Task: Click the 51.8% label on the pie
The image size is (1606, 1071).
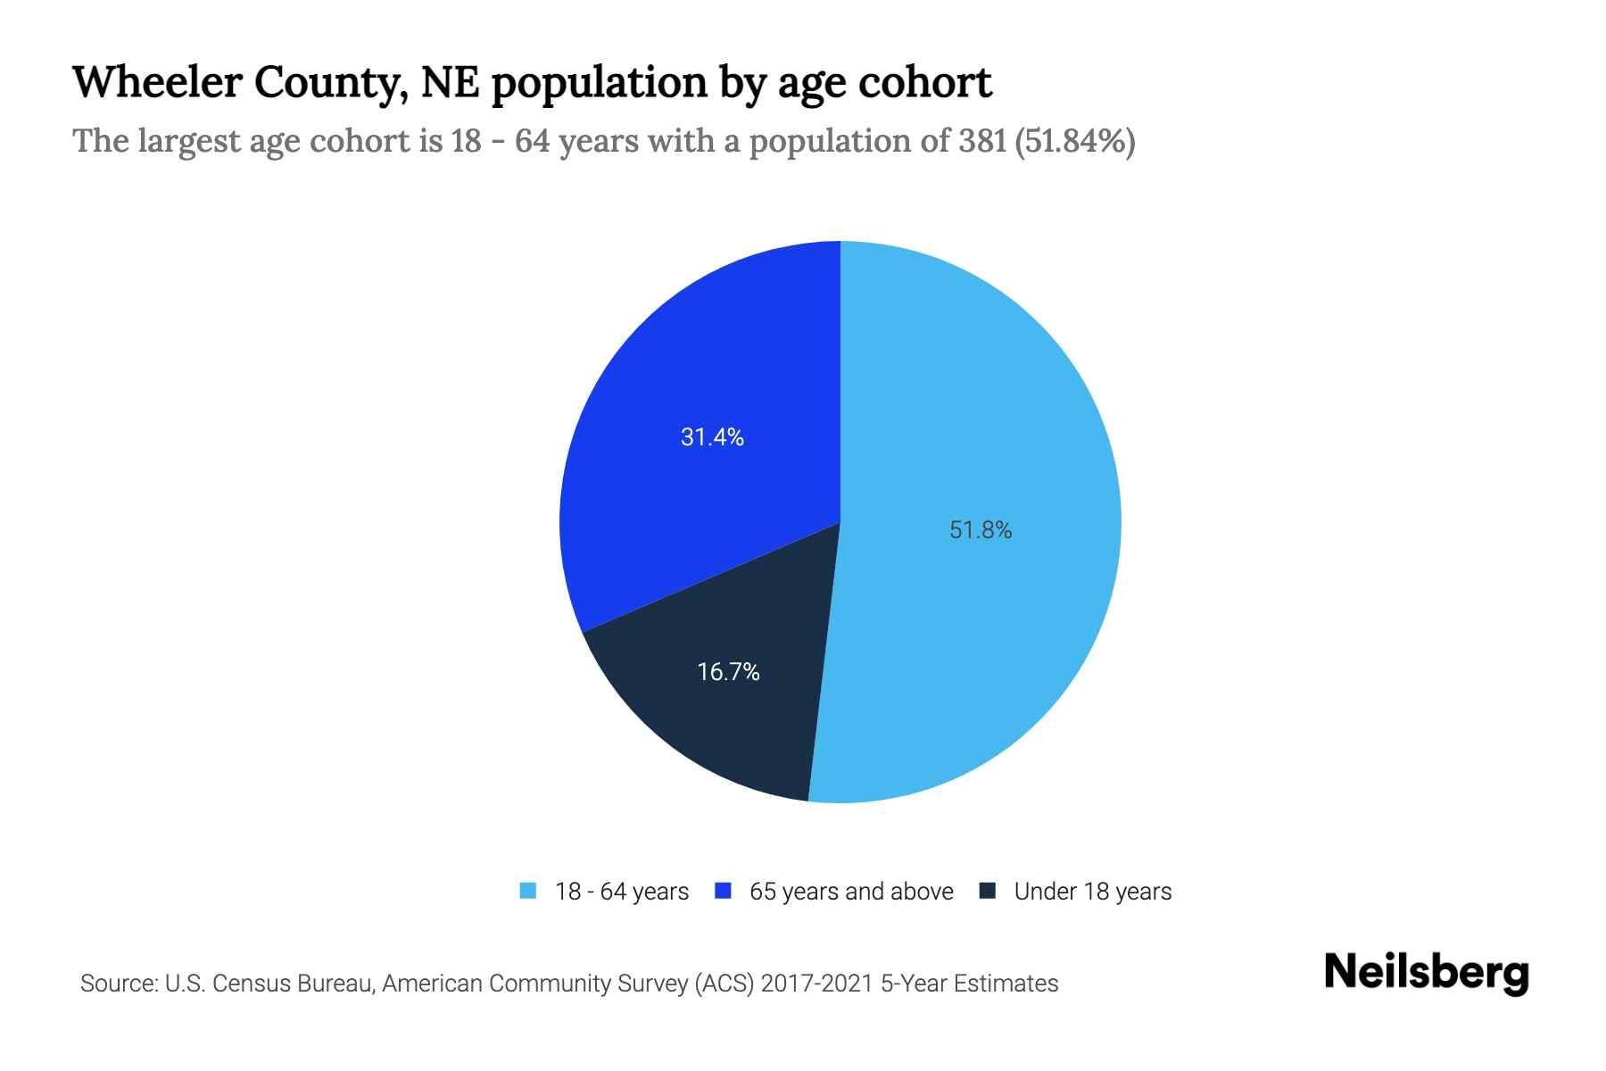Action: coord(981,530)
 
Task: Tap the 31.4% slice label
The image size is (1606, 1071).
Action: coord(712,436)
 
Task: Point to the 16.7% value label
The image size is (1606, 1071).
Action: coord(728,671)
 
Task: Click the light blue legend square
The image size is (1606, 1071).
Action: coord(528,891)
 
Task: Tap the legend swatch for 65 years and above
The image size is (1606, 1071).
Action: coord(724,891)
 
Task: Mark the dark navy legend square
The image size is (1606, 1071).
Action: coord(988,891)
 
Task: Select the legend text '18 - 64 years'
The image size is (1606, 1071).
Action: coord(622,892)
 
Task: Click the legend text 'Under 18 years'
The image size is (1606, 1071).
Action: coord(1093,892)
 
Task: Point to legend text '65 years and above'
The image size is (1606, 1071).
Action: coord(851,892)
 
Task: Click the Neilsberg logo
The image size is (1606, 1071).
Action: coord(1426,973)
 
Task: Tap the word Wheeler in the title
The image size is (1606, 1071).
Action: coord(155,82)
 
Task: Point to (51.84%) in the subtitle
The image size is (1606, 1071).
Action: coord(1075,141)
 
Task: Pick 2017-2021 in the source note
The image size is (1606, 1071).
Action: coord(816,984)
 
